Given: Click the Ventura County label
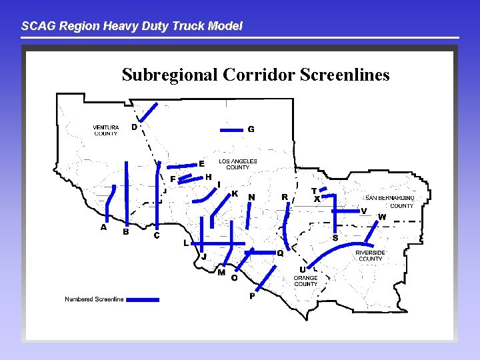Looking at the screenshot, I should pyautogui.click(x=106, y=130).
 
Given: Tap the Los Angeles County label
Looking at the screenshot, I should pyautogui.click(x=238, y=164).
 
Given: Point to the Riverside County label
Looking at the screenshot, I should pyautogui.click(x=370, y=255).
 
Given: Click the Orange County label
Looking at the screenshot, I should pyautogui.click(x=305, y=281).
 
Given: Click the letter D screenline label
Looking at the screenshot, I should pyautogui.click(x=134, y=127).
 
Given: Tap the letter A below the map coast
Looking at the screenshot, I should pyautogui.click(x=103, y=227).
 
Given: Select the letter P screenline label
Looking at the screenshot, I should pyautogui.click(x=252, y=296).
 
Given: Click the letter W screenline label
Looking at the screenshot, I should pyautogui.click(x=382, y=217).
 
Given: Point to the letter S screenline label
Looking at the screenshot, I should pyautogui.click(x=335, y=238).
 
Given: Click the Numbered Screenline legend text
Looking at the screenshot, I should pyautogui.click(x=94, y=299).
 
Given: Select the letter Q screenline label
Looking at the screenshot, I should pyautogui.click(x=280, y=253).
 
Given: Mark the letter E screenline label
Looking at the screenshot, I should pyautogui.click(x=201, y=164).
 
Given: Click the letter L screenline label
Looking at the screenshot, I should pyautogui.click(x=186, y=243).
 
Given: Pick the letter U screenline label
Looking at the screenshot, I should pyautogui.click(x=302, y=269).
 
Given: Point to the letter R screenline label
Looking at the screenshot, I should pyautogui.click(x=285, y=197).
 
